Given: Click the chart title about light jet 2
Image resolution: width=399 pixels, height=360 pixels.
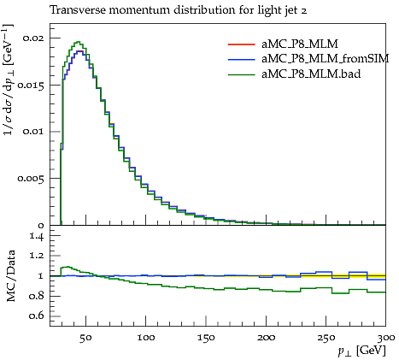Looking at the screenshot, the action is tap(179, 10).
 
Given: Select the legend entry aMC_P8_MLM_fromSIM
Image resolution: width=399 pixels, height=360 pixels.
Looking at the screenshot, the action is tap(326, 59).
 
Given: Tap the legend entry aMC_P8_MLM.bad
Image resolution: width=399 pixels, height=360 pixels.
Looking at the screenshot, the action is tap(311, 74).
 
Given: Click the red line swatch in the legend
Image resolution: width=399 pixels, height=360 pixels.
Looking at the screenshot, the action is tap(241, 44).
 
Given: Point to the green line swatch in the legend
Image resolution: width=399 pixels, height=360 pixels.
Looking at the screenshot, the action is tap(241, 74).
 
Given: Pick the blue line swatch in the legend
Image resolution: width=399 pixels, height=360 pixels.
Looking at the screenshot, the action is tap(241, 59).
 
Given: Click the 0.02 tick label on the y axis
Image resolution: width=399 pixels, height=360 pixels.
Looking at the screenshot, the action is tap(33, 38).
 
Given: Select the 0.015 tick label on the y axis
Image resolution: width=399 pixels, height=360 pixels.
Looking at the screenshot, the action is tap(31, 85).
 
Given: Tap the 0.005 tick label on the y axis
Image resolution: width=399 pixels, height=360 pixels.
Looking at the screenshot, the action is tap(31, 179).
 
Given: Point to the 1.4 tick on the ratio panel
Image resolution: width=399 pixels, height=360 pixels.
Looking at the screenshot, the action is tap(37, 236).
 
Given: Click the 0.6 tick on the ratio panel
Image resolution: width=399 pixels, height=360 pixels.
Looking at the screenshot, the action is tap(37, 316).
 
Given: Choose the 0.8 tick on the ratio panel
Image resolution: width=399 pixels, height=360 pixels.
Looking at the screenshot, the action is tap(37, 296).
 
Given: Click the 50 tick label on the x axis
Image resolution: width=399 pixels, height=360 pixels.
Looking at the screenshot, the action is tap(85, 338).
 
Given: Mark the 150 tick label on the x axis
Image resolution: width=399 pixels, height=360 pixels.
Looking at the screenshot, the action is tap(206, 338).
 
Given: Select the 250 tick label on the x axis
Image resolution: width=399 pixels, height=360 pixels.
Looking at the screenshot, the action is tap(326, 338).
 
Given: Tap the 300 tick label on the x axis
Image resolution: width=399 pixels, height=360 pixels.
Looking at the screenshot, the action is tap(386, 338).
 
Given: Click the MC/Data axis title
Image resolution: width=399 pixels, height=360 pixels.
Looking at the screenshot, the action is tap(11, 276).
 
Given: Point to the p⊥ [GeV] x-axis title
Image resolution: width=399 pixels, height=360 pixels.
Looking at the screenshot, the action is tap(361, 351).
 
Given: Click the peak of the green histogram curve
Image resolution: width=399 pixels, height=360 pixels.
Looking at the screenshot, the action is tap(79, 42).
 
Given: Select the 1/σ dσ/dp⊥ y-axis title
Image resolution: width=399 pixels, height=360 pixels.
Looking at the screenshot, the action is tap(9, 80).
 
